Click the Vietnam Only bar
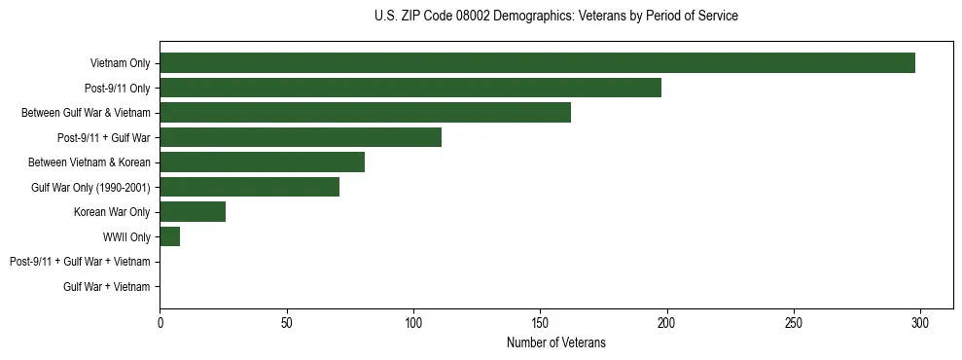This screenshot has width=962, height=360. pos(537,63)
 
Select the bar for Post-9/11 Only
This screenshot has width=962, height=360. pos(410,88)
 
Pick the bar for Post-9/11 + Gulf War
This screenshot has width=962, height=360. pos(301,137)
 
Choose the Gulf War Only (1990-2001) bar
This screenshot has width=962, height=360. pos(249,187)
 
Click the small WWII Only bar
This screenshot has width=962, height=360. pos(169,236)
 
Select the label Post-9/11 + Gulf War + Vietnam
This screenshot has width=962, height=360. pos(80,262)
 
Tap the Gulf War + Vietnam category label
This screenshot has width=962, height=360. pos(106,287)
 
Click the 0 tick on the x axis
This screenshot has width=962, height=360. pos(160,323)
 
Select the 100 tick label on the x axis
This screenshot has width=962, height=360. pos(413,323)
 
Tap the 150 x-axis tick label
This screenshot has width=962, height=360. pos(541,323)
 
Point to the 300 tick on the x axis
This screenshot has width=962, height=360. pos(920,323)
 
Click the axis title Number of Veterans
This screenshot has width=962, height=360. pos(555,342)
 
